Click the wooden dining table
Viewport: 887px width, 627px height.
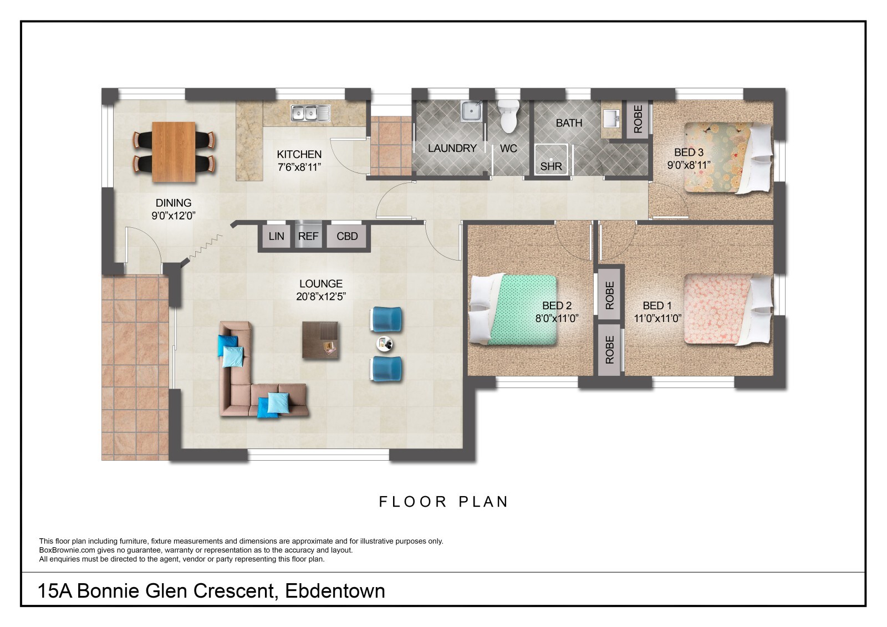(174, 152)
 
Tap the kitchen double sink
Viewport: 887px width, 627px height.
(310, 113)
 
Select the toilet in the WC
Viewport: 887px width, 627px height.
(508, 116)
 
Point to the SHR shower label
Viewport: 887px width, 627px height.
(551, 166)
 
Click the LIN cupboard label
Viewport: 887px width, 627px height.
(276, 236)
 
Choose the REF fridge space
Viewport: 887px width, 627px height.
(308, 236)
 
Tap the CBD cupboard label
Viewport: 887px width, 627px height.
(347, 236)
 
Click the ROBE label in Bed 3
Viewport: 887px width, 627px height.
(638, 119)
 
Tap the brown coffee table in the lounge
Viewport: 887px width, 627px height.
(320, 340)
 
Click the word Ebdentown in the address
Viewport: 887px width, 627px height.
(335, 591)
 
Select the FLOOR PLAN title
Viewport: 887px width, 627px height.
(443, 502)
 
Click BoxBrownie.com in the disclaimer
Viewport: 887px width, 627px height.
(67, 550)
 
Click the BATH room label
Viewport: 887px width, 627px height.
(569, 123)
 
